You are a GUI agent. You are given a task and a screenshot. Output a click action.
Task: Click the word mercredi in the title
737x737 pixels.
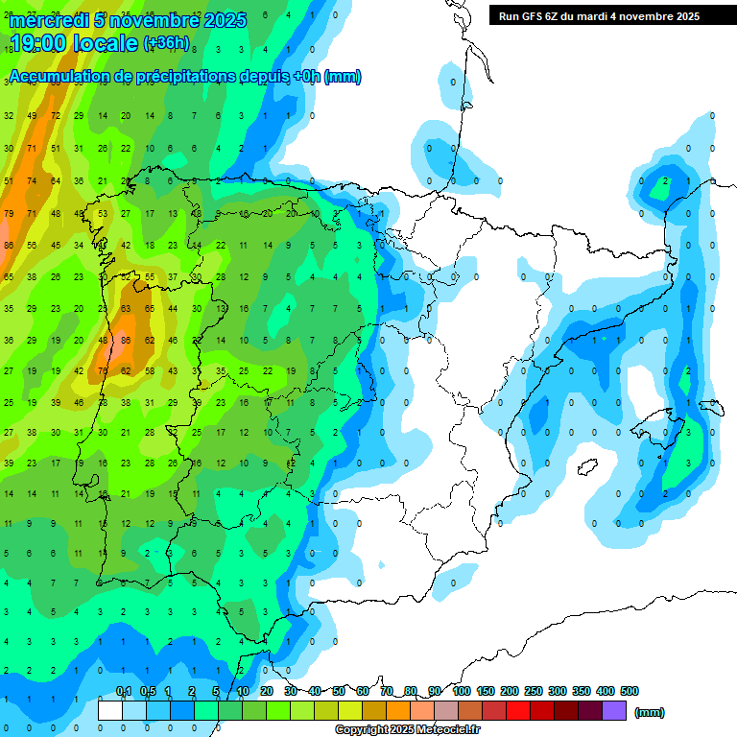tap(48, 20)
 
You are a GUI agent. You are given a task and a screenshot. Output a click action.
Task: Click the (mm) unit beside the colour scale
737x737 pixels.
tap(650, 712)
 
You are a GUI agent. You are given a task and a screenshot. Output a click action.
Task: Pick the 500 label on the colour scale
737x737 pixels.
tap(630, 691)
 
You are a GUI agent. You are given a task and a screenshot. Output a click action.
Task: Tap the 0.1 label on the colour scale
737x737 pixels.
tap(124, 691)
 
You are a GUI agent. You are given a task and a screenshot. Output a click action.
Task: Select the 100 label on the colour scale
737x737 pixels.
tap(461, 691)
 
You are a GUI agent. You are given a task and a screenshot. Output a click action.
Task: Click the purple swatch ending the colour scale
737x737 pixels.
tap(614, 711)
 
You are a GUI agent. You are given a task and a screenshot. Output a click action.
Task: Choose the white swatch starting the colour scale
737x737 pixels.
tap(110, 711)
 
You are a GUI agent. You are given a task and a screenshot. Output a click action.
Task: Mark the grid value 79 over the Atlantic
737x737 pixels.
tap(9, 213)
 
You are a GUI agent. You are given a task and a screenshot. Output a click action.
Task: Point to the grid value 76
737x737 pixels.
tap(103, 371)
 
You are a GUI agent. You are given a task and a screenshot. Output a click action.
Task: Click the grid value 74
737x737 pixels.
tap(32, 180)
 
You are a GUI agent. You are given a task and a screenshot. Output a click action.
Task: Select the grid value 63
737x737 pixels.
tap(126, 309)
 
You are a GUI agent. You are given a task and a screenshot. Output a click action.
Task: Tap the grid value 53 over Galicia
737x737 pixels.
tap(103, 213)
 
